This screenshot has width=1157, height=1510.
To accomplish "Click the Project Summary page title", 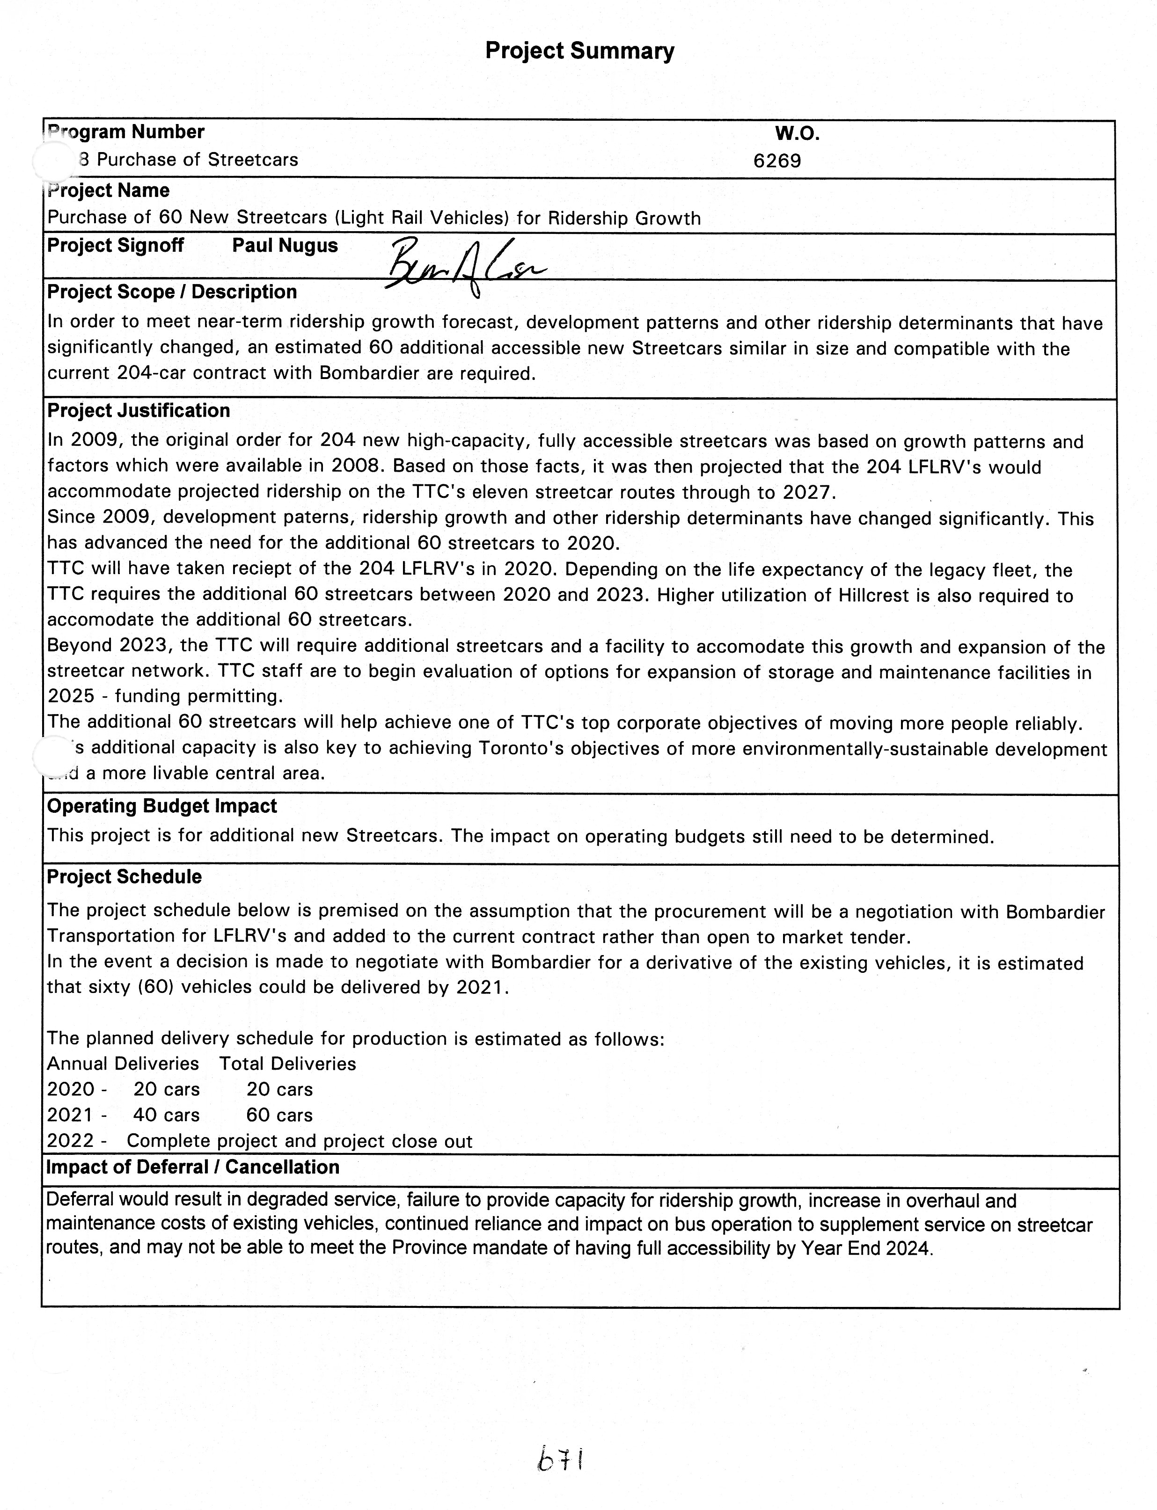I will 579,51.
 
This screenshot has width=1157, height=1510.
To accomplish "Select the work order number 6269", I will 777,161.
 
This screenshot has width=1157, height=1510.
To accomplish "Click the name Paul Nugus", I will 285,246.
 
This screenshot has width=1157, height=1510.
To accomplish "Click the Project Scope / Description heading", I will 171,292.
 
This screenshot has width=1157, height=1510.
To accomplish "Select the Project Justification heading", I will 139,410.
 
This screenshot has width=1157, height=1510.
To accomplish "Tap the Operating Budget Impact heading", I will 162,806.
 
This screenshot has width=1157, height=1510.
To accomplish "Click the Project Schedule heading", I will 124,877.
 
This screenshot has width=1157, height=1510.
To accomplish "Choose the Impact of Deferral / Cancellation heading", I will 193,1167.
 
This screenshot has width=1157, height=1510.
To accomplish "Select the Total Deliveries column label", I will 287,1064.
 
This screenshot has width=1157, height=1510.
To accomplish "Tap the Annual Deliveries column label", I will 123,1064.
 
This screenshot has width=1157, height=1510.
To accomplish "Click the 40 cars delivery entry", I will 166,1115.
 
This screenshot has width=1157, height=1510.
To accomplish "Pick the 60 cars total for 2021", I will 279,1115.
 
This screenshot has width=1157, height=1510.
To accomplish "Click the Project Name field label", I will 108,191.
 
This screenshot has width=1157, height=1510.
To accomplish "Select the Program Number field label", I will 125,132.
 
